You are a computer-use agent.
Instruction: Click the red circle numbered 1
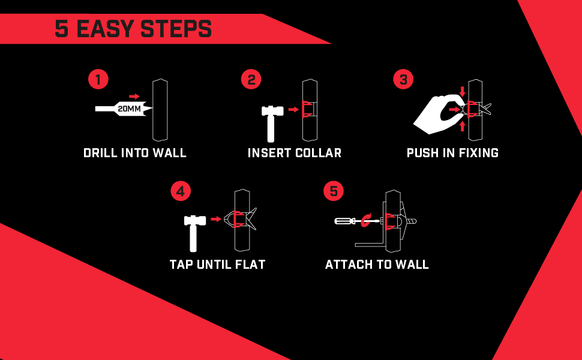tap(98, 79)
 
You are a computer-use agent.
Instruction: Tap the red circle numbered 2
tap(251, 79)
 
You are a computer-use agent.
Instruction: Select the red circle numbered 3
tap(403, 79)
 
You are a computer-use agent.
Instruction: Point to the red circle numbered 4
tap(181, 191)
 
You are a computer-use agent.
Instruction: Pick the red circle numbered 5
tap(334, 191)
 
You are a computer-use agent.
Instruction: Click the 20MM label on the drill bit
tap(130, 109)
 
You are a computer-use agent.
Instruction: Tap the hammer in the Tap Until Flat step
tap(194, 231)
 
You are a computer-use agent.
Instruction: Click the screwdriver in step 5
tap(348, 221)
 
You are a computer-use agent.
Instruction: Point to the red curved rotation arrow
tap(367, 219)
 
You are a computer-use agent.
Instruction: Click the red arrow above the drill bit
tap(134, 96)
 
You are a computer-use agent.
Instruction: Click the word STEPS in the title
tap(178, 29)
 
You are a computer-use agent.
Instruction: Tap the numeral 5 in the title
tap(61, 29)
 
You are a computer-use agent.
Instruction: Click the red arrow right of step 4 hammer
tap(216, 220)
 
